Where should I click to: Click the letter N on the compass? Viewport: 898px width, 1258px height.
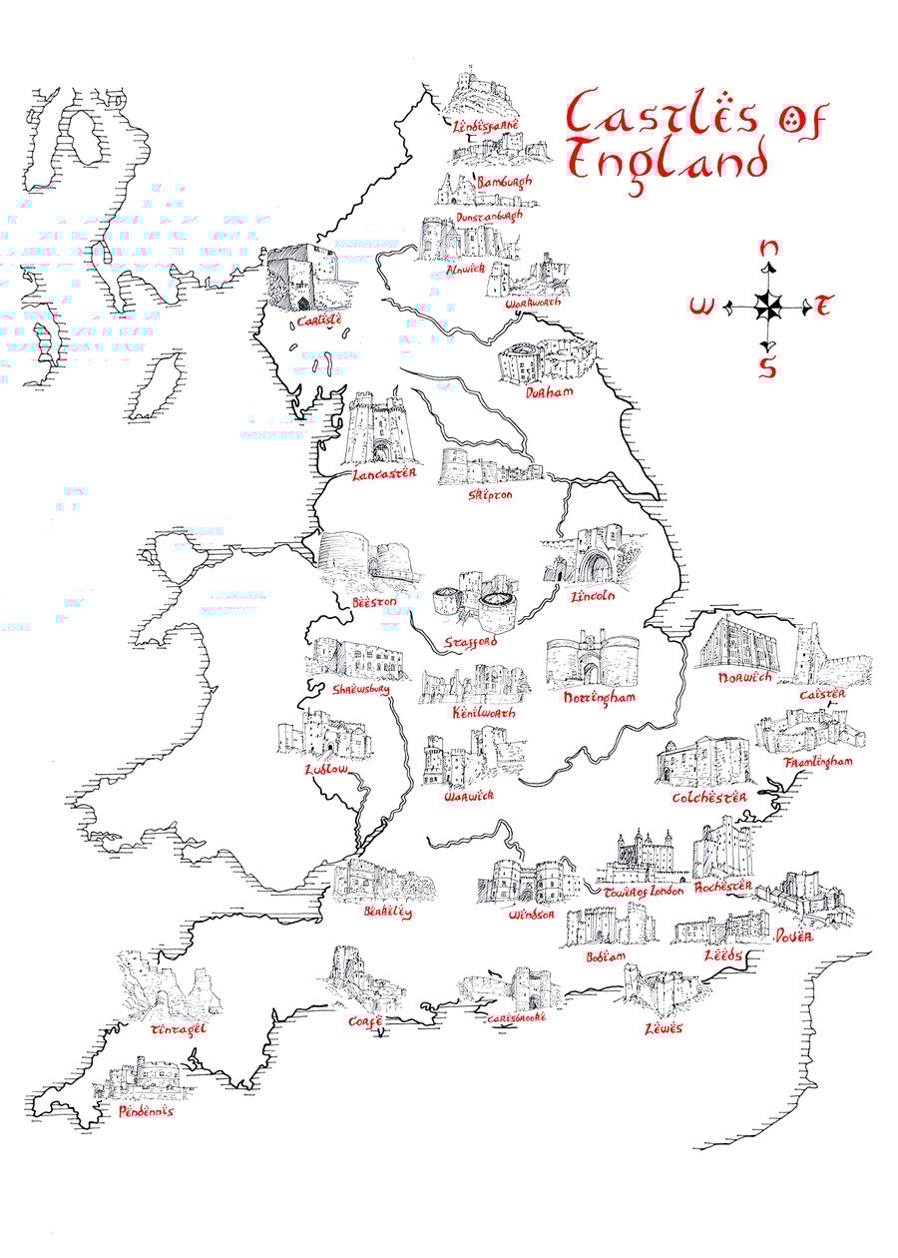[x=768, y=250]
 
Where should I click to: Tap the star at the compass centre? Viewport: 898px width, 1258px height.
[x=767, y=307]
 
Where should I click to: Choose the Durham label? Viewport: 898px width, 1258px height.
[x=550, y=392]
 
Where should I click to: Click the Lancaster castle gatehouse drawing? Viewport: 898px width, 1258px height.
[x=373, y=429]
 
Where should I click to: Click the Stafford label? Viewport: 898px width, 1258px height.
[x=471, y=640]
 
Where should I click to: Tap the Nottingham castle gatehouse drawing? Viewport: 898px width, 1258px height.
[x=592, y=659]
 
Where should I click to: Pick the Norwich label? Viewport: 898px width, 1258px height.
[x=744, y=678]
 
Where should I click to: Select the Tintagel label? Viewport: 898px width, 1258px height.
[x=178, y=1029]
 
